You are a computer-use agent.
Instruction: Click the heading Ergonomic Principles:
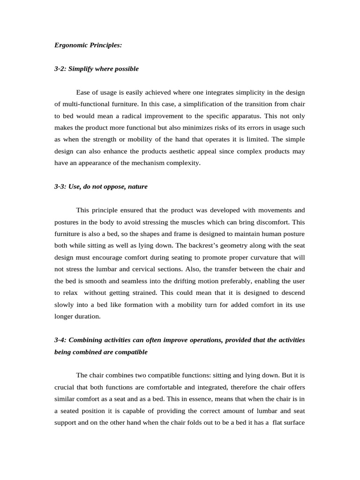tap(88, 45)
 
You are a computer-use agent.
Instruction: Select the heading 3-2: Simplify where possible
tap(97, 69)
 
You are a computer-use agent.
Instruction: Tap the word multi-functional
tap(83, 104)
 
